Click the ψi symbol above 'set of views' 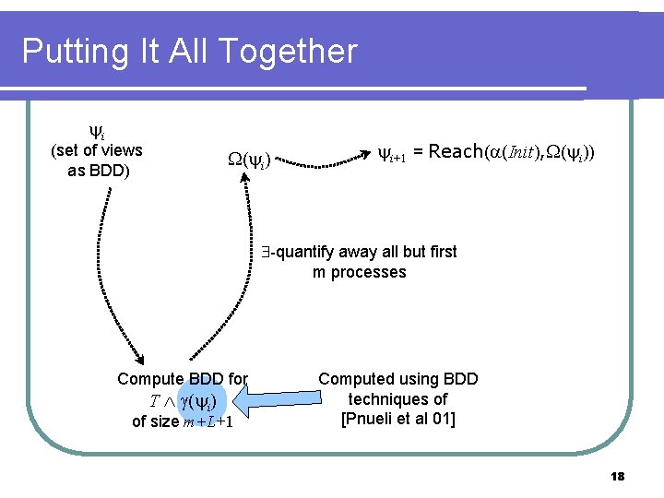(96, 132)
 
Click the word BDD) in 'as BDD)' (110, 172)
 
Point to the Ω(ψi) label (248, 162)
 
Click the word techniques (397, 399)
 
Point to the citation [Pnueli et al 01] (397, 420)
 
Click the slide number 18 (617, 476)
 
